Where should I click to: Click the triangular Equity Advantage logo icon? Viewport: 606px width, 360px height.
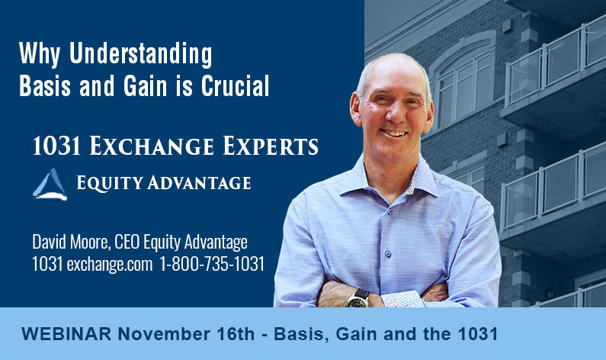[50, 184]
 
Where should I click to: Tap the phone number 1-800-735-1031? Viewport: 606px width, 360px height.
[212, 264]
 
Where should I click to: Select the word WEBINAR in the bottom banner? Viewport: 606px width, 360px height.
[59, 333]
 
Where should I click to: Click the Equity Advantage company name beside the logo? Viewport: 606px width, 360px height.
[163, 184]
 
